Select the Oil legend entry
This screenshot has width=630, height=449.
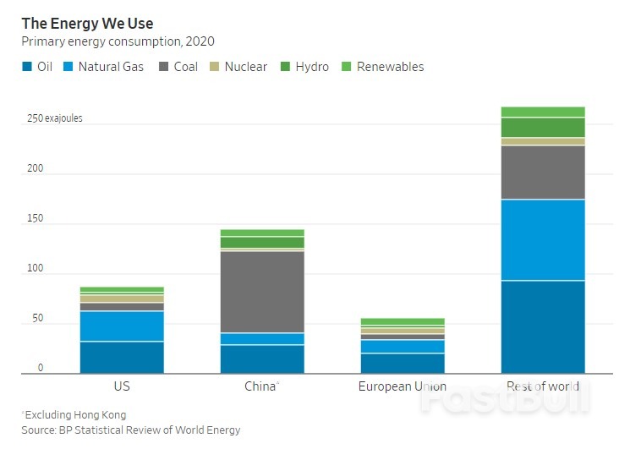(x=37, y=66)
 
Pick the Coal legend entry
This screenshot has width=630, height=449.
(x=178, y=66)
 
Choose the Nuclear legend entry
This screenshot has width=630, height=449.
(x=238, y=66)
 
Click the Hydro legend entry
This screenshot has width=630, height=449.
(x=304, y=66)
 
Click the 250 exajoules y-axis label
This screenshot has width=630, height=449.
(x=54, y=119)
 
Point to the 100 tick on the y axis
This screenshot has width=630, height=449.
(x=34, y=268)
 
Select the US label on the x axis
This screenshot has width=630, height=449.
(x=122, y=386)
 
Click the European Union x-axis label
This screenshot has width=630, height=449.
(x=403, y=386)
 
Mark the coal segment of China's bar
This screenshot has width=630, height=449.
(x=262, y=291)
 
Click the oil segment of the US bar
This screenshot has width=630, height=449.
(x=122, y=357)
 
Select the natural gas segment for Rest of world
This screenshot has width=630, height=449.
(x=542, y=239)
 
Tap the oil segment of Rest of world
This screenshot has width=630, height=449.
(x=542, y=326)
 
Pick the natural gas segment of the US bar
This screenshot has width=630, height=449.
(x=122, y=326)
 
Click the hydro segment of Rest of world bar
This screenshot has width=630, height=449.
(x=542, y=127)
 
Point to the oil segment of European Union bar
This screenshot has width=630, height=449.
(x=403, y=363)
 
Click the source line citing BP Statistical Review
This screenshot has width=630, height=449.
(x=131, y=430)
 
